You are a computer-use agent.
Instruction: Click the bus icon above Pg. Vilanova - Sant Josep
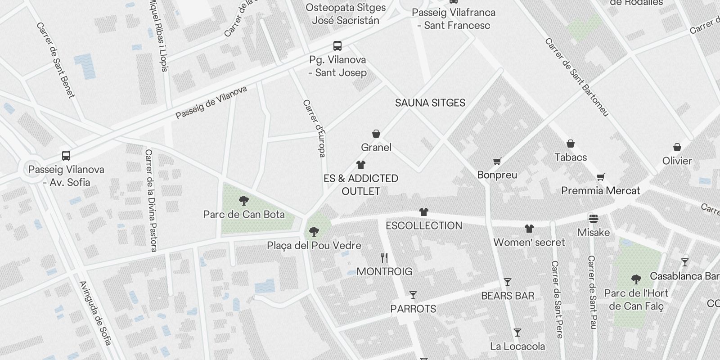337,46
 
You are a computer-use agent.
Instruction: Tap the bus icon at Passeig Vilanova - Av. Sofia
66,156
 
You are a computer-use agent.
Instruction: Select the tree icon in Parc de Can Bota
244,200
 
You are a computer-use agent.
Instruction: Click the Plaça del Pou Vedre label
314,246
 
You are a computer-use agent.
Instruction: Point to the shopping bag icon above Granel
376,134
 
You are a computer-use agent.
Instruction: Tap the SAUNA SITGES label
430,103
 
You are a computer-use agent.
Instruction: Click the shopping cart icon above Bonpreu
497,161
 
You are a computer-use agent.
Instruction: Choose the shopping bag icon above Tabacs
571,144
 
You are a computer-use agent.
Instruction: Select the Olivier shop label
677,161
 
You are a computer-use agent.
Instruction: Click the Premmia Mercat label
600,191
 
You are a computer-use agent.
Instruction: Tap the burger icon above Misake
594,219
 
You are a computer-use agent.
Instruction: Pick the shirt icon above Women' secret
529,229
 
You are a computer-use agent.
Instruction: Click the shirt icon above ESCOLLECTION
423,212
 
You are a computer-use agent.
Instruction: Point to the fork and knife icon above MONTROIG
384,258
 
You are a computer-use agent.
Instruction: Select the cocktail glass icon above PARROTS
413,295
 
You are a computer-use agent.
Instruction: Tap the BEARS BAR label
508,296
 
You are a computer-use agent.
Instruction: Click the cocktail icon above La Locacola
517,333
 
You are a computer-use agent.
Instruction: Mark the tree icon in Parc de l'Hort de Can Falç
636,279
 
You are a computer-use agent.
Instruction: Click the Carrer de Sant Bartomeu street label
576,77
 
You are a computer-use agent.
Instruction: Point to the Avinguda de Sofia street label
95,313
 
